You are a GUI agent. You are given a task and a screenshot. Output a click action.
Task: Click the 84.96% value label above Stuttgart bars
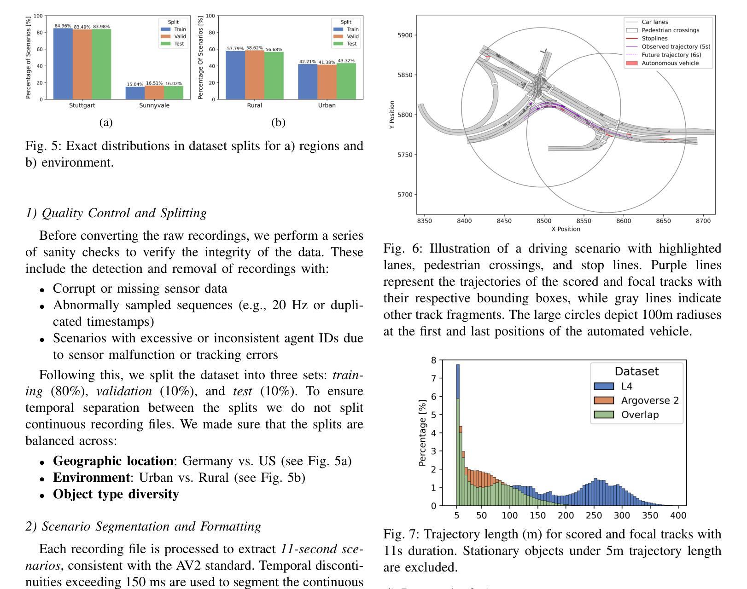point(63,26)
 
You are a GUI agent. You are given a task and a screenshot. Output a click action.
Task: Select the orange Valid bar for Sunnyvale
point(154,92)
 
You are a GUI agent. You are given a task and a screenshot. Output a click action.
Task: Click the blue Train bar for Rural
point(235,75)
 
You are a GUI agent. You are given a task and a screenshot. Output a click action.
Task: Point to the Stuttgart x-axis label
point(82,105)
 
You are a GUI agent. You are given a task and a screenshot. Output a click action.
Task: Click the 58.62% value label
point(254,48)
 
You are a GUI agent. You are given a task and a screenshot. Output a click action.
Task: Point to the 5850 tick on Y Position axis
point(405,75)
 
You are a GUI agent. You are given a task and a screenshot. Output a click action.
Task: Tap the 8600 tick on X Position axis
point(624,221)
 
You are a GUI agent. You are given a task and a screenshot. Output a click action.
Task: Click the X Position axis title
point(566,229)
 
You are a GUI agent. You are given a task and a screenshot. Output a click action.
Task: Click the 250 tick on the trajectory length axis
point(594,515)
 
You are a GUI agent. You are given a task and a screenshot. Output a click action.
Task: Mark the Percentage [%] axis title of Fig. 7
point(422,433)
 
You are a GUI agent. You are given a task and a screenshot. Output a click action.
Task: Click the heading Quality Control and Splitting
point(116,213)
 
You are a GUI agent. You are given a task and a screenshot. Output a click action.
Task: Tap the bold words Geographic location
point(113,461)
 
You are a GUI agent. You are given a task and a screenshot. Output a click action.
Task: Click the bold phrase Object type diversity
point(116,494)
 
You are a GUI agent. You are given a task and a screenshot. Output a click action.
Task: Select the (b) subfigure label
point(278,122)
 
